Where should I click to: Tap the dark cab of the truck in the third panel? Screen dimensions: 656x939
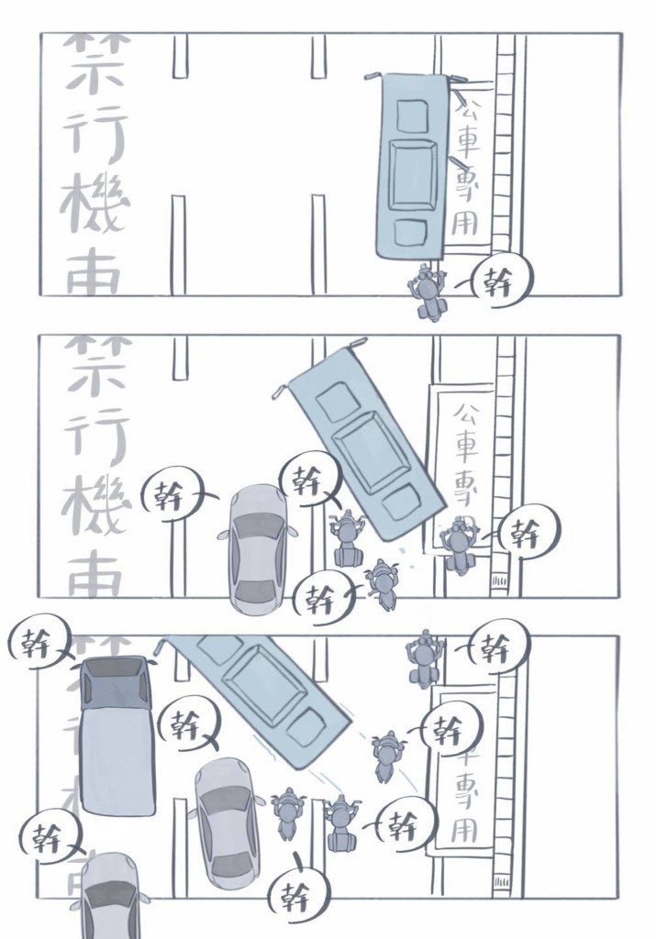point(114,683)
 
